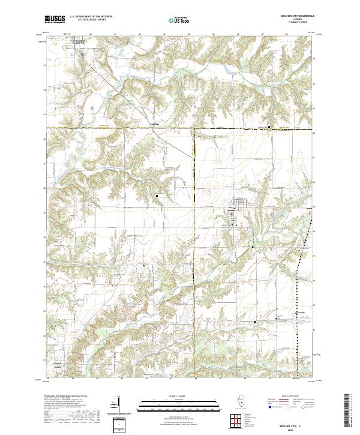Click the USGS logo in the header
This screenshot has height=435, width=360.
pyautogui.click(x=55, y=20)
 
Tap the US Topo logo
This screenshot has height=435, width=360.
pyautogui.click(x=178, y=20)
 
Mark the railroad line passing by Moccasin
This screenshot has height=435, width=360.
pyautogui.click(x=298, y=324)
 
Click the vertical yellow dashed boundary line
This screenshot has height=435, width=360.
pyautogui.click(x=195, y=180)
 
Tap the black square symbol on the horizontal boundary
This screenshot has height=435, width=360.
pyautogui.click(x=269, y=127)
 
